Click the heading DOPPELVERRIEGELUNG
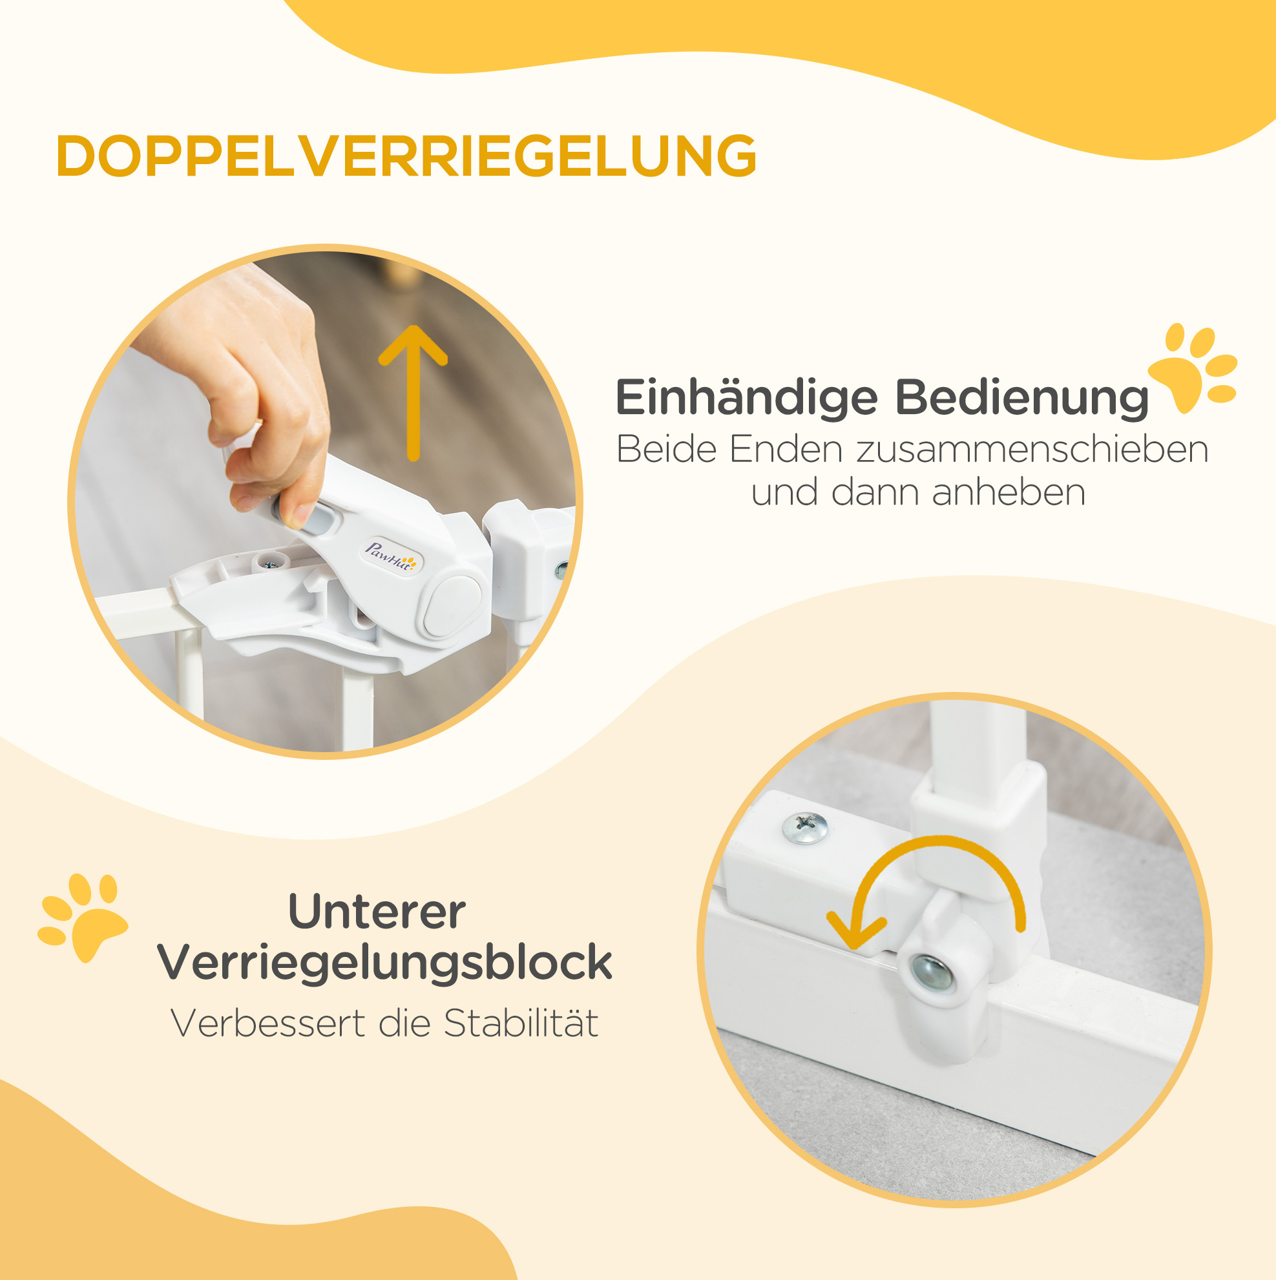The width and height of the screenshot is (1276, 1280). pos(406,156)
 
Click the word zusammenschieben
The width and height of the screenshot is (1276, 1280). pos(1033,449)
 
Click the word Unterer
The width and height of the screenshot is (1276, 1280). pos(377,912)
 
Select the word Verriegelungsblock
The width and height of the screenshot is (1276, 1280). pos(385,963)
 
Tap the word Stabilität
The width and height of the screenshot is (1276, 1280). pos(521,1023)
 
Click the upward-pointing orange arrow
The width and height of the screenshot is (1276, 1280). pos(413,392)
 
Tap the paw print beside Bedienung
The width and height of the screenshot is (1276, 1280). pos(1193,367)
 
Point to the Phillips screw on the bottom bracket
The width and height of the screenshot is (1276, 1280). pos(805,828)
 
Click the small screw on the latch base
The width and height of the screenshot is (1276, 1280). pos(269,565)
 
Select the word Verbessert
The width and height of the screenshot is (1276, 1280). pos(267,1023)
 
